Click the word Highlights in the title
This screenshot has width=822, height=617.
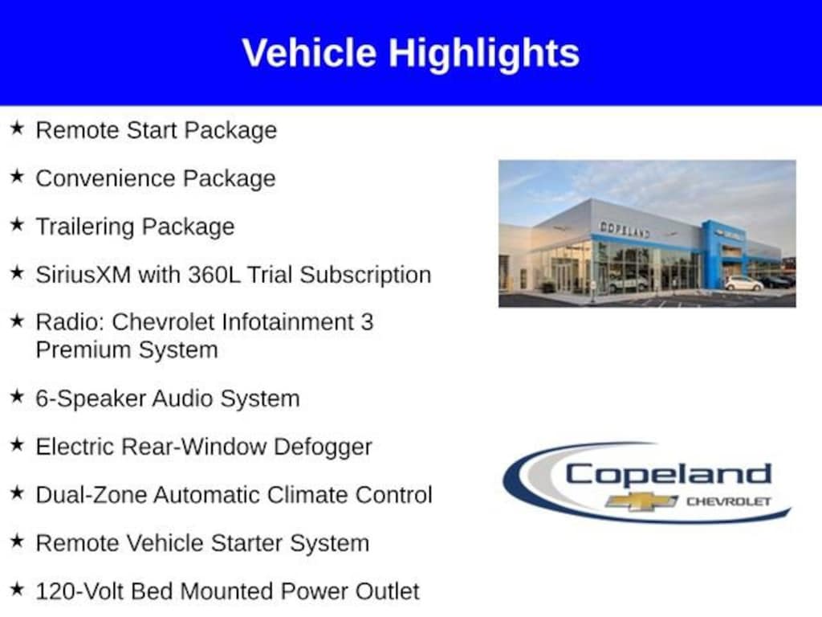[x=484, y=54]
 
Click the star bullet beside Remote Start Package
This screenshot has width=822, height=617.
[x=18, y=128]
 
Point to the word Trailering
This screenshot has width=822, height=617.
[x=83, y=227]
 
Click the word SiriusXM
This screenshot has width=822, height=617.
[x=83, y=275]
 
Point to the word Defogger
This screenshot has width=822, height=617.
[x=323, y=447]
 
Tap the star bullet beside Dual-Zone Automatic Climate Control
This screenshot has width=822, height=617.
[x=18, y=492]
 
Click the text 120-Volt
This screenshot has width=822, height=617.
[x=80, y=591]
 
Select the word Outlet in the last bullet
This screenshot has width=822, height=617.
[x=388, y=591]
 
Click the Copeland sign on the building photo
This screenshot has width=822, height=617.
[x=625, y=229]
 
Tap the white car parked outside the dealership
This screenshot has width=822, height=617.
[x=743, y=284]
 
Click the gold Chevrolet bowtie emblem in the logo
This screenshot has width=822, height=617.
[x=641, y=501]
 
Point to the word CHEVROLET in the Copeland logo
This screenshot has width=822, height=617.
[x=729, y=501]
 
